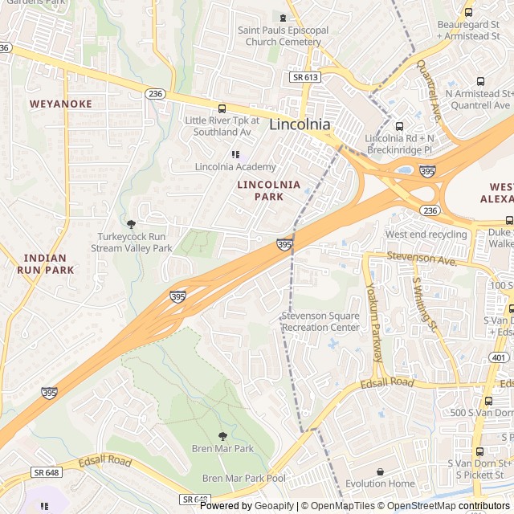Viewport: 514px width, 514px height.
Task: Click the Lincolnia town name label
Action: [x=300, y=124]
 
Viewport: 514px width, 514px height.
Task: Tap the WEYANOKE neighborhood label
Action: [x=61, y=104]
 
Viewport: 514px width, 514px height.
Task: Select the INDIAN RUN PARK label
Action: [x=46, y=264]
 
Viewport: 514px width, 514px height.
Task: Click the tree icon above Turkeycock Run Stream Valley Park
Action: [x=132, y=224]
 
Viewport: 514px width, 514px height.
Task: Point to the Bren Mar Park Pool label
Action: [x=243, y=478]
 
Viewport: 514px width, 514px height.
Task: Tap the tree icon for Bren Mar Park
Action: [x=222, y=436]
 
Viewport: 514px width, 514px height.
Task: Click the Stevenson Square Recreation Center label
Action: [x=320, y=321]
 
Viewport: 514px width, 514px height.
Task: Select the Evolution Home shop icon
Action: [x=380, y=471]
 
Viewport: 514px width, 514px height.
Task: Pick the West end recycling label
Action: [x=426, y=234]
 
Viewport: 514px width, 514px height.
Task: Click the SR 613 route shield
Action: [x=304, y=77]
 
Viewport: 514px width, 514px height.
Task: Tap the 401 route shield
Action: [x=499, y=358]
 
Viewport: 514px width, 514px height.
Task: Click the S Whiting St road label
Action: [x=424, y=304]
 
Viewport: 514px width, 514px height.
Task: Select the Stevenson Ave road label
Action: [x=422, y=258]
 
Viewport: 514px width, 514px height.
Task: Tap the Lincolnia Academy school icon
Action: [x=235, y=153]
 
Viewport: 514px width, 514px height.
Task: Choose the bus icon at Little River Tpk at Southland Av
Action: [x=222, y=108]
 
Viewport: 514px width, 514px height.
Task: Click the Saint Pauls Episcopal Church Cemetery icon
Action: [x=283, y=17]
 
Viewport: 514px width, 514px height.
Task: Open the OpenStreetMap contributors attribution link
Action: [x=450, y=506]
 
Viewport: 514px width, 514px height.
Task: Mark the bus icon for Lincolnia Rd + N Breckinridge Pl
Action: [x=399, y=126]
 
